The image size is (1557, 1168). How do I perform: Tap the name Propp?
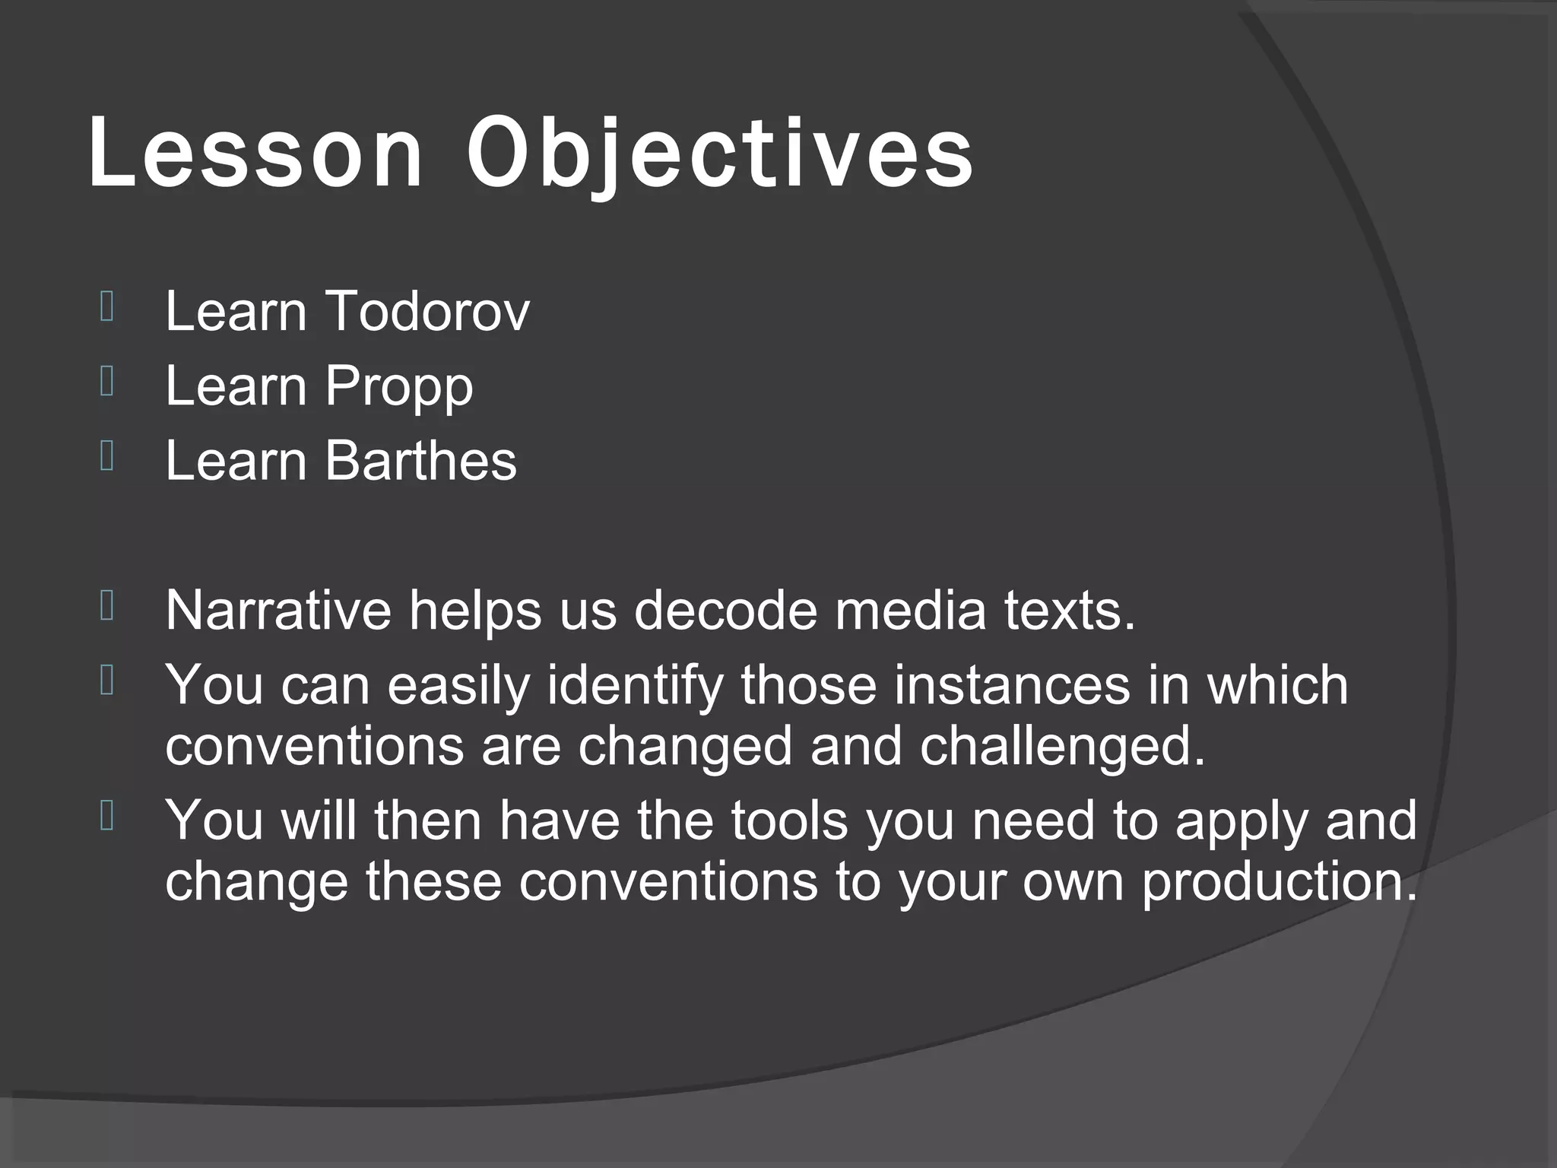coord(398,386)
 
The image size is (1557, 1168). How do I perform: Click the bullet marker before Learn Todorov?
coord(106,308)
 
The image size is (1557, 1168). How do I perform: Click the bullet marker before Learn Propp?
coord(106,382)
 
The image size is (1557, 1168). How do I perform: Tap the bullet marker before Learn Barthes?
coord(106,457)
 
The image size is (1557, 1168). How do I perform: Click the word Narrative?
coord(277,610)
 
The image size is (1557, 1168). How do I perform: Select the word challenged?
coord(1063,747)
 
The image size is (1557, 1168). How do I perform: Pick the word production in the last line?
coord(1280,882)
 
